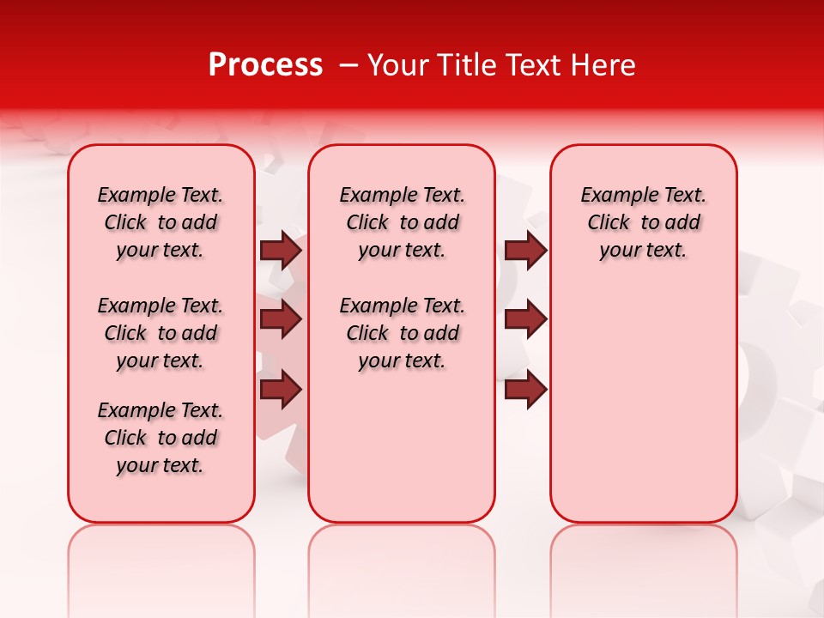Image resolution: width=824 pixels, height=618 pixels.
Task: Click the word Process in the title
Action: (265, 65)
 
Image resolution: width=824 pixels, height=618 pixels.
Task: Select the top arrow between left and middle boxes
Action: (281, 250)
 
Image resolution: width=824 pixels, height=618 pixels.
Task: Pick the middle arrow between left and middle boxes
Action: (281, 319)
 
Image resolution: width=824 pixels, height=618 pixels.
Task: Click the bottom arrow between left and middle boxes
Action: (281, 390)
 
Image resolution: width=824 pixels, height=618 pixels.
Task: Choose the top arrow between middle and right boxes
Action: (525, 250)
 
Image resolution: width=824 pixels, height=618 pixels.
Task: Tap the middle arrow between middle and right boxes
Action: (525, 319)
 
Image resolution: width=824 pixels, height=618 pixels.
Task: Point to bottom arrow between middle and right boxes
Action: (525, 390)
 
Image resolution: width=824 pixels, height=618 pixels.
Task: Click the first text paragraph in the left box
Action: (161, 222)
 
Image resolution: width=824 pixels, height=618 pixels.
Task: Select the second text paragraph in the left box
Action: (161, 333)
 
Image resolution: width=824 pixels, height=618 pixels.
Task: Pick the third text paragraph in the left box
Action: (161, 438)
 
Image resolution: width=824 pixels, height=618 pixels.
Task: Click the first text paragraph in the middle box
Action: (402, 222)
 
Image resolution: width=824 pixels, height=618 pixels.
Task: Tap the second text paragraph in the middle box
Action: (402, 333)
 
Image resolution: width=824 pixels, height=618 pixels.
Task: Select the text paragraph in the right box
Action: (643, 222)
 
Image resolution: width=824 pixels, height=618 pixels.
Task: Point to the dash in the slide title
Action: (348, 65)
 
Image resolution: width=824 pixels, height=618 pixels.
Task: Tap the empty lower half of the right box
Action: (643, 412)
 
